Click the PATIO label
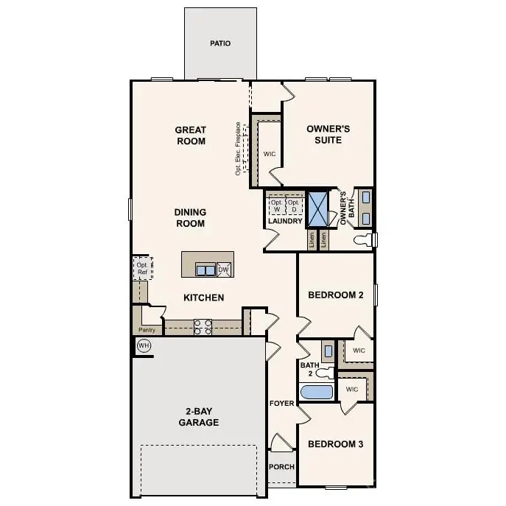pos(220,43)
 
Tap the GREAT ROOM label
pos(190,136)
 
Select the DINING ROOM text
pos(189,218)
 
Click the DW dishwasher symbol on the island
pos(224,270)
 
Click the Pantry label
pos(147,330)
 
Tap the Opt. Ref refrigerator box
pos(141,268)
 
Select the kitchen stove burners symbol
pos(203,326)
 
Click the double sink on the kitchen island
pos(205,270)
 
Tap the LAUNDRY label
pos(285,221)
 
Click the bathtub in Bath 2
pos(317,392)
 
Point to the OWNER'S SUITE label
pos(328,134)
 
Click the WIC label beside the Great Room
pos(269,154)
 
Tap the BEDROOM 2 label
pos(335,295)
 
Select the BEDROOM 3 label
pos(335,444)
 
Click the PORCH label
pos(281,467)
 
